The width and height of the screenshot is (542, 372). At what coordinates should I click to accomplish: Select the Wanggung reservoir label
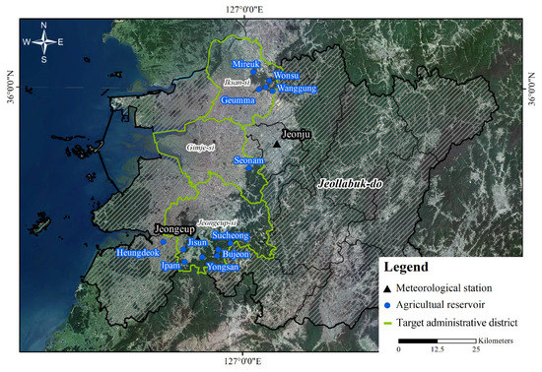[296, 89]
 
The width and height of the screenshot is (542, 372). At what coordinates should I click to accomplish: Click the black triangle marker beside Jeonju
[278, 145]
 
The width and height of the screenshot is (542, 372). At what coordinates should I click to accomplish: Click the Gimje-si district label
[201, 150]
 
